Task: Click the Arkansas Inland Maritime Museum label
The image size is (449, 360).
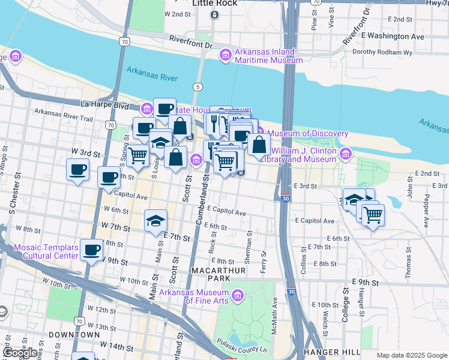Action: click(x=268, y=56)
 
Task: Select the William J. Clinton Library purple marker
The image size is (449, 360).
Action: click(x=345, y=155)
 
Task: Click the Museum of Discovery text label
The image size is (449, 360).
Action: click(x=307, y=133)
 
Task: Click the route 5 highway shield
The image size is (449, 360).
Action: click(x=197, y=87)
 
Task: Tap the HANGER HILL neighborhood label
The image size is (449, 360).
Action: click(x=331, y=352)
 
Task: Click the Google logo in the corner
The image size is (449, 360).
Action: click(x=20, y=353)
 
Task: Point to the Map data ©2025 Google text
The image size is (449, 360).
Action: click(x=411, y=355)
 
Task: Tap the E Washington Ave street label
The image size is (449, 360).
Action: click(x=392, y=36)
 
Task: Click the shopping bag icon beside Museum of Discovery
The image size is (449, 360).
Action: click(x=259, y=145)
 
